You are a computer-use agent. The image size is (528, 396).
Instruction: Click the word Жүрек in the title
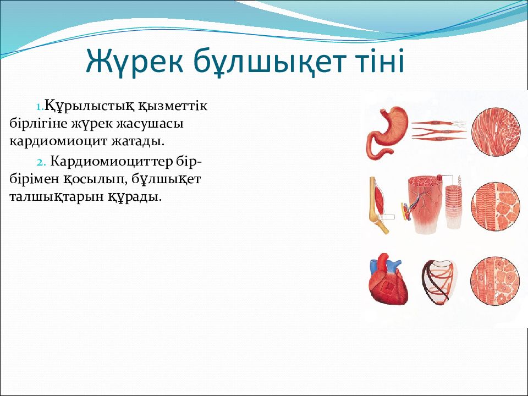click(x=134, y=61)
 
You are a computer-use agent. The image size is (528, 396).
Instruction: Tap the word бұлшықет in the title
click(x=270, y=62)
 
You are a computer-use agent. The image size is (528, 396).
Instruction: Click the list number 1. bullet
click(x=40, y=107)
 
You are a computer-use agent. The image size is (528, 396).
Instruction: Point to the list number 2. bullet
click(x=41, y=162)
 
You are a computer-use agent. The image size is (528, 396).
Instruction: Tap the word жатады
click(x=138, y=141)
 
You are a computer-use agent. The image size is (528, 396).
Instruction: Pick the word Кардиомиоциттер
click(x=112, y=162)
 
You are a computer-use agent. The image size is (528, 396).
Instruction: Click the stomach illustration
click(x=387, y=133)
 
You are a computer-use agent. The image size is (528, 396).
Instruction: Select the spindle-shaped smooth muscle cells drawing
click(x=439, y=130)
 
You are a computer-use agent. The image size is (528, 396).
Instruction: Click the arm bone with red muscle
click(x=380, y=205)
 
